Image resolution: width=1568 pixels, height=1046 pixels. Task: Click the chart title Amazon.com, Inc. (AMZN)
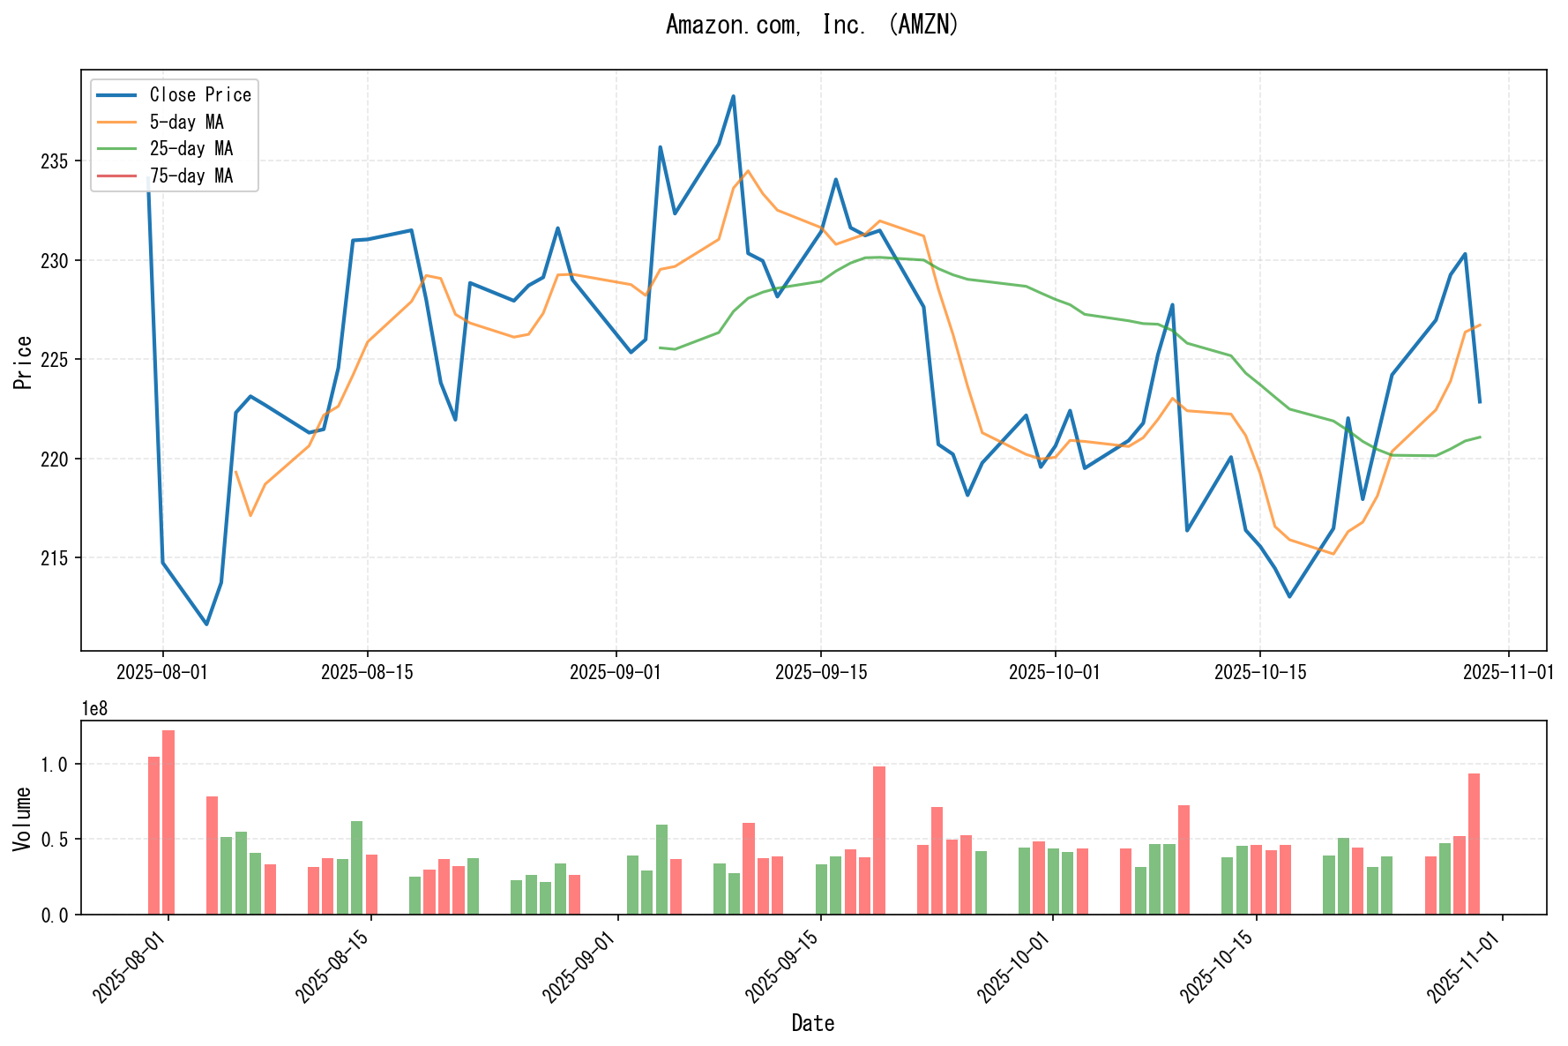pos(811,25)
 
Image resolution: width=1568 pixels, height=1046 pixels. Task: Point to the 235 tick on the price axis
pos(59,161)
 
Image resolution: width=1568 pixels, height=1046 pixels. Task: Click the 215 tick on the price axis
pos(59,558)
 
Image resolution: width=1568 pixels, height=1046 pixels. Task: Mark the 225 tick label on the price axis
pos(59,360)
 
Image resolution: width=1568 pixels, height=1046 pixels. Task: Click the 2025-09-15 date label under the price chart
pos(821,673)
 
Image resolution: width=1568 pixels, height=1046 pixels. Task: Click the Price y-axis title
pos(24,362)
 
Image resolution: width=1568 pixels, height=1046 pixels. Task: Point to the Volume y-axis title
pos(24,818)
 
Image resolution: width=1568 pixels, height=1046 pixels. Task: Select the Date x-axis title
pos(812,1023)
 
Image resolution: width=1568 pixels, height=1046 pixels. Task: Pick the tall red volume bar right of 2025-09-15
pos(879,840)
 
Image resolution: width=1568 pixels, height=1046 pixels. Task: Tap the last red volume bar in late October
pos(1474,843)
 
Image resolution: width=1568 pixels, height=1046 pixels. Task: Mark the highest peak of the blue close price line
pos(733,96)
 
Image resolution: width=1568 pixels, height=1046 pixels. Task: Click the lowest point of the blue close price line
pos(206,624)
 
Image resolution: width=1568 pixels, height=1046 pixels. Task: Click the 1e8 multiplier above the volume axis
pos(94,709)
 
